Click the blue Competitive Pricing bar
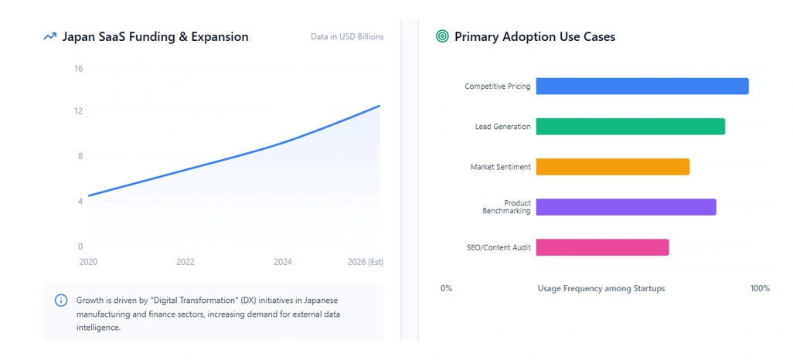click(642, 87)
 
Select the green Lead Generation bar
click(630, 127)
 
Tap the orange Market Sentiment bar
click(612, 167)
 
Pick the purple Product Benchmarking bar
click(625, 207)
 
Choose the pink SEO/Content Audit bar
click(602, 247)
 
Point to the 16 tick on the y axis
click(78, 68)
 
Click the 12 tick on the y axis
click(78, 111)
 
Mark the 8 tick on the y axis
click(80, 156)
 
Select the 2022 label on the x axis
click(185, 262)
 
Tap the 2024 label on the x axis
click(283, 262)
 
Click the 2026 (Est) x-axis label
click(365, 262)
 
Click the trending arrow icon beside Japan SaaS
click(50, 36)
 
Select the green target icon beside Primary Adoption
click(442, 36)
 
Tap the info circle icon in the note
click(61, 300)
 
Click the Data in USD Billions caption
click(347, 36)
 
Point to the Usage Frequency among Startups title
click(601, 288)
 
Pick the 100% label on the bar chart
click(760, 288)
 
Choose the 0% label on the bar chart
click(446, 288)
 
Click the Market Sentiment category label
click(500, 167)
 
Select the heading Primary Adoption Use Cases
click(535, 36)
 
